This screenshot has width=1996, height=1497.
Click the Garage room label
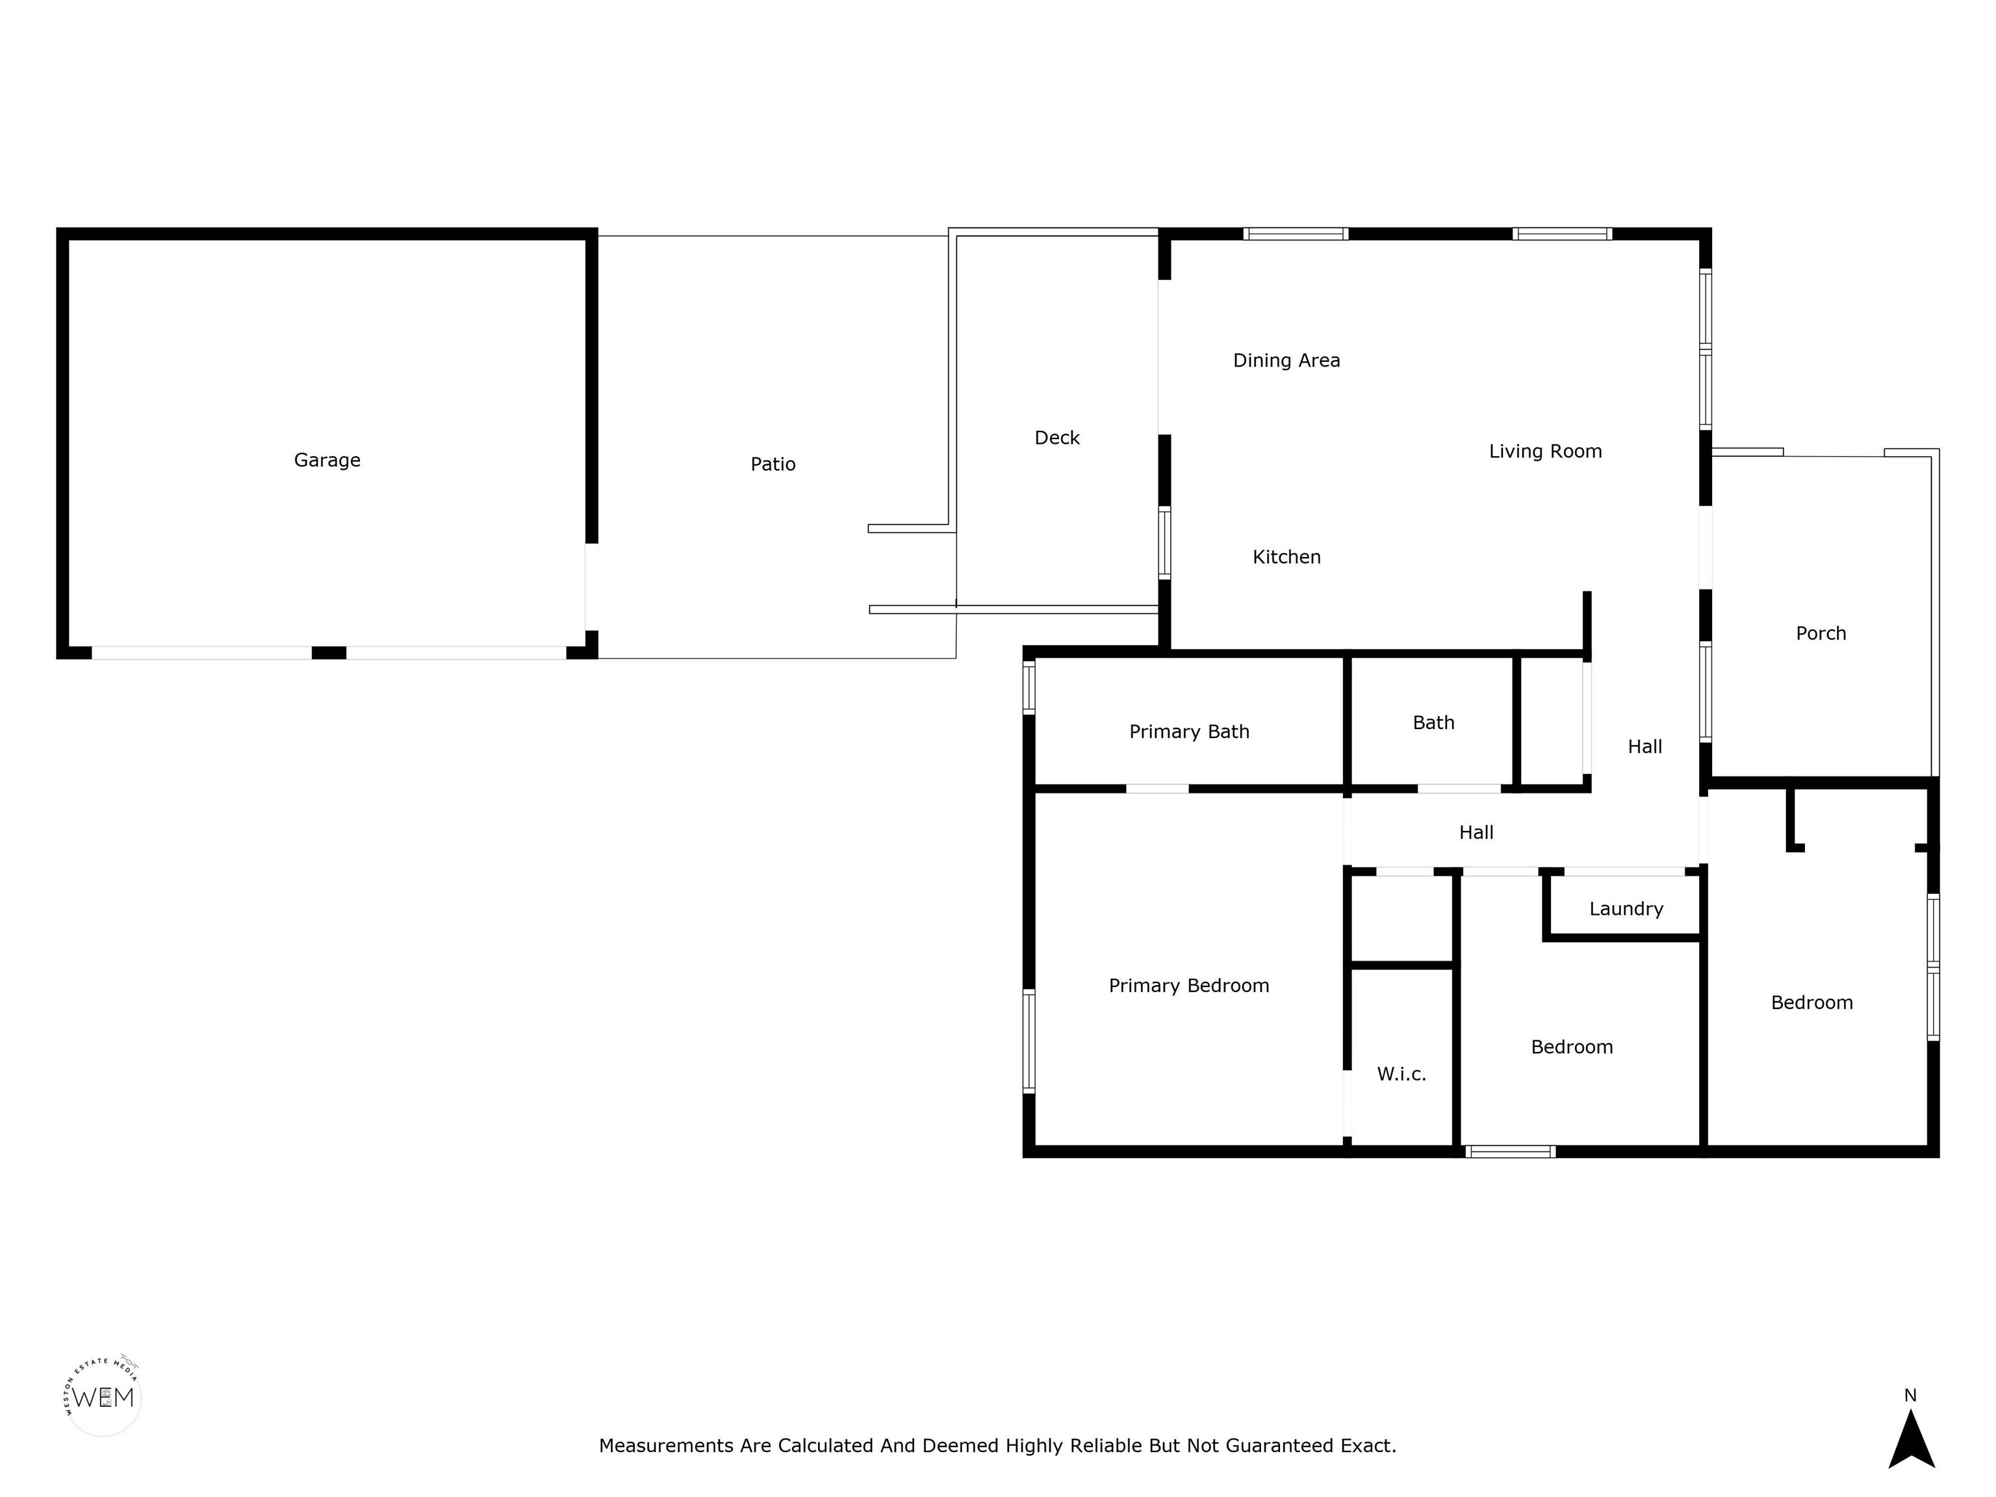(x=327, y=460)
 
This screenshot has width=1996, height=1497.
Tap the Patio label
(x=773, y=464)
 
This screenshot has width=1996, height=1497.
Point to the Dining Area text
(x=1286, y=361)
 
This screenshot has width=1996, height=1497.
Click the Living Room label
(x=1545, y=451)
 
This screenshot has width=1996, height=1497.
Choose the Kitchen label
(x=1286, y=557)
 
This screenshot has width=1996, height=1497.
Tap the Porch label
(x=1821, y=633)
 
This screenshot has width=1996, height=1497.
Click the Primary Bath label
(x=1189, y=732)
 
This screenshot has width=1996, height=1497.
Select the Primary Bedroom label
(x=1188, y=986)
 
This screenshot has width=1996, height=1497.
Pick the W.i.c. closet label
(x=1401, y=1074)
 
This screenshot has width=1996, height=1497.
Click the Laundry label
(x=1626, y=909)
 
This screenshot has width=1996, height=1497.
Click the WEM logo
(x=103, y=1398)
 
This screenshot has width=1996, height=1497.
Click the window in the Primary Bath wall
(x=1029, y=687)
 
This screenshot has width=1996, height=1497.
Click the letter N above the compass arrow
(x=1910, y=1395)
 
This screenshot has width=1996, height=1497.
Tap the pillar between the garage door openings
(x=329, y=652)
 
